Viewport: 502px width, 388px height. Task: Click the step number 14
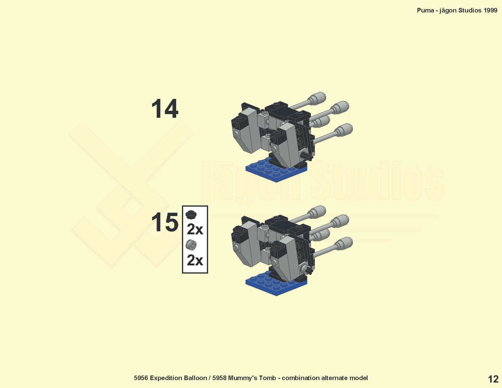(x=165, y=109)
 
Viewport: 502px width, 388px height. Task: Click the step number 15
(x=165, y=222)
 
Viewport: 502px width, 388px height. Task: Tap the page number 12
(x=493, y=379)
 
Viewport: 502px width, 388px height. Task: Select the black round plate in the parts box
(x=191, y=215)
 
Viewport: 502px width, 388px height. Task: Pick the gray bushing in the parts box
(x=191, y=245)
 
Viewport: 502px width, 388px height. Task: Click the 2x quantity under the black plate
(x=195, y=229)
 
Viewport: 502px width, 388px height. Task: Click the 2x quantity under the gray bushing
(x=195, y=260)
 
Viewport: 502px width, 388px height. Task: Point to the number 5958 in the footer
(x=219, y=378)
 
